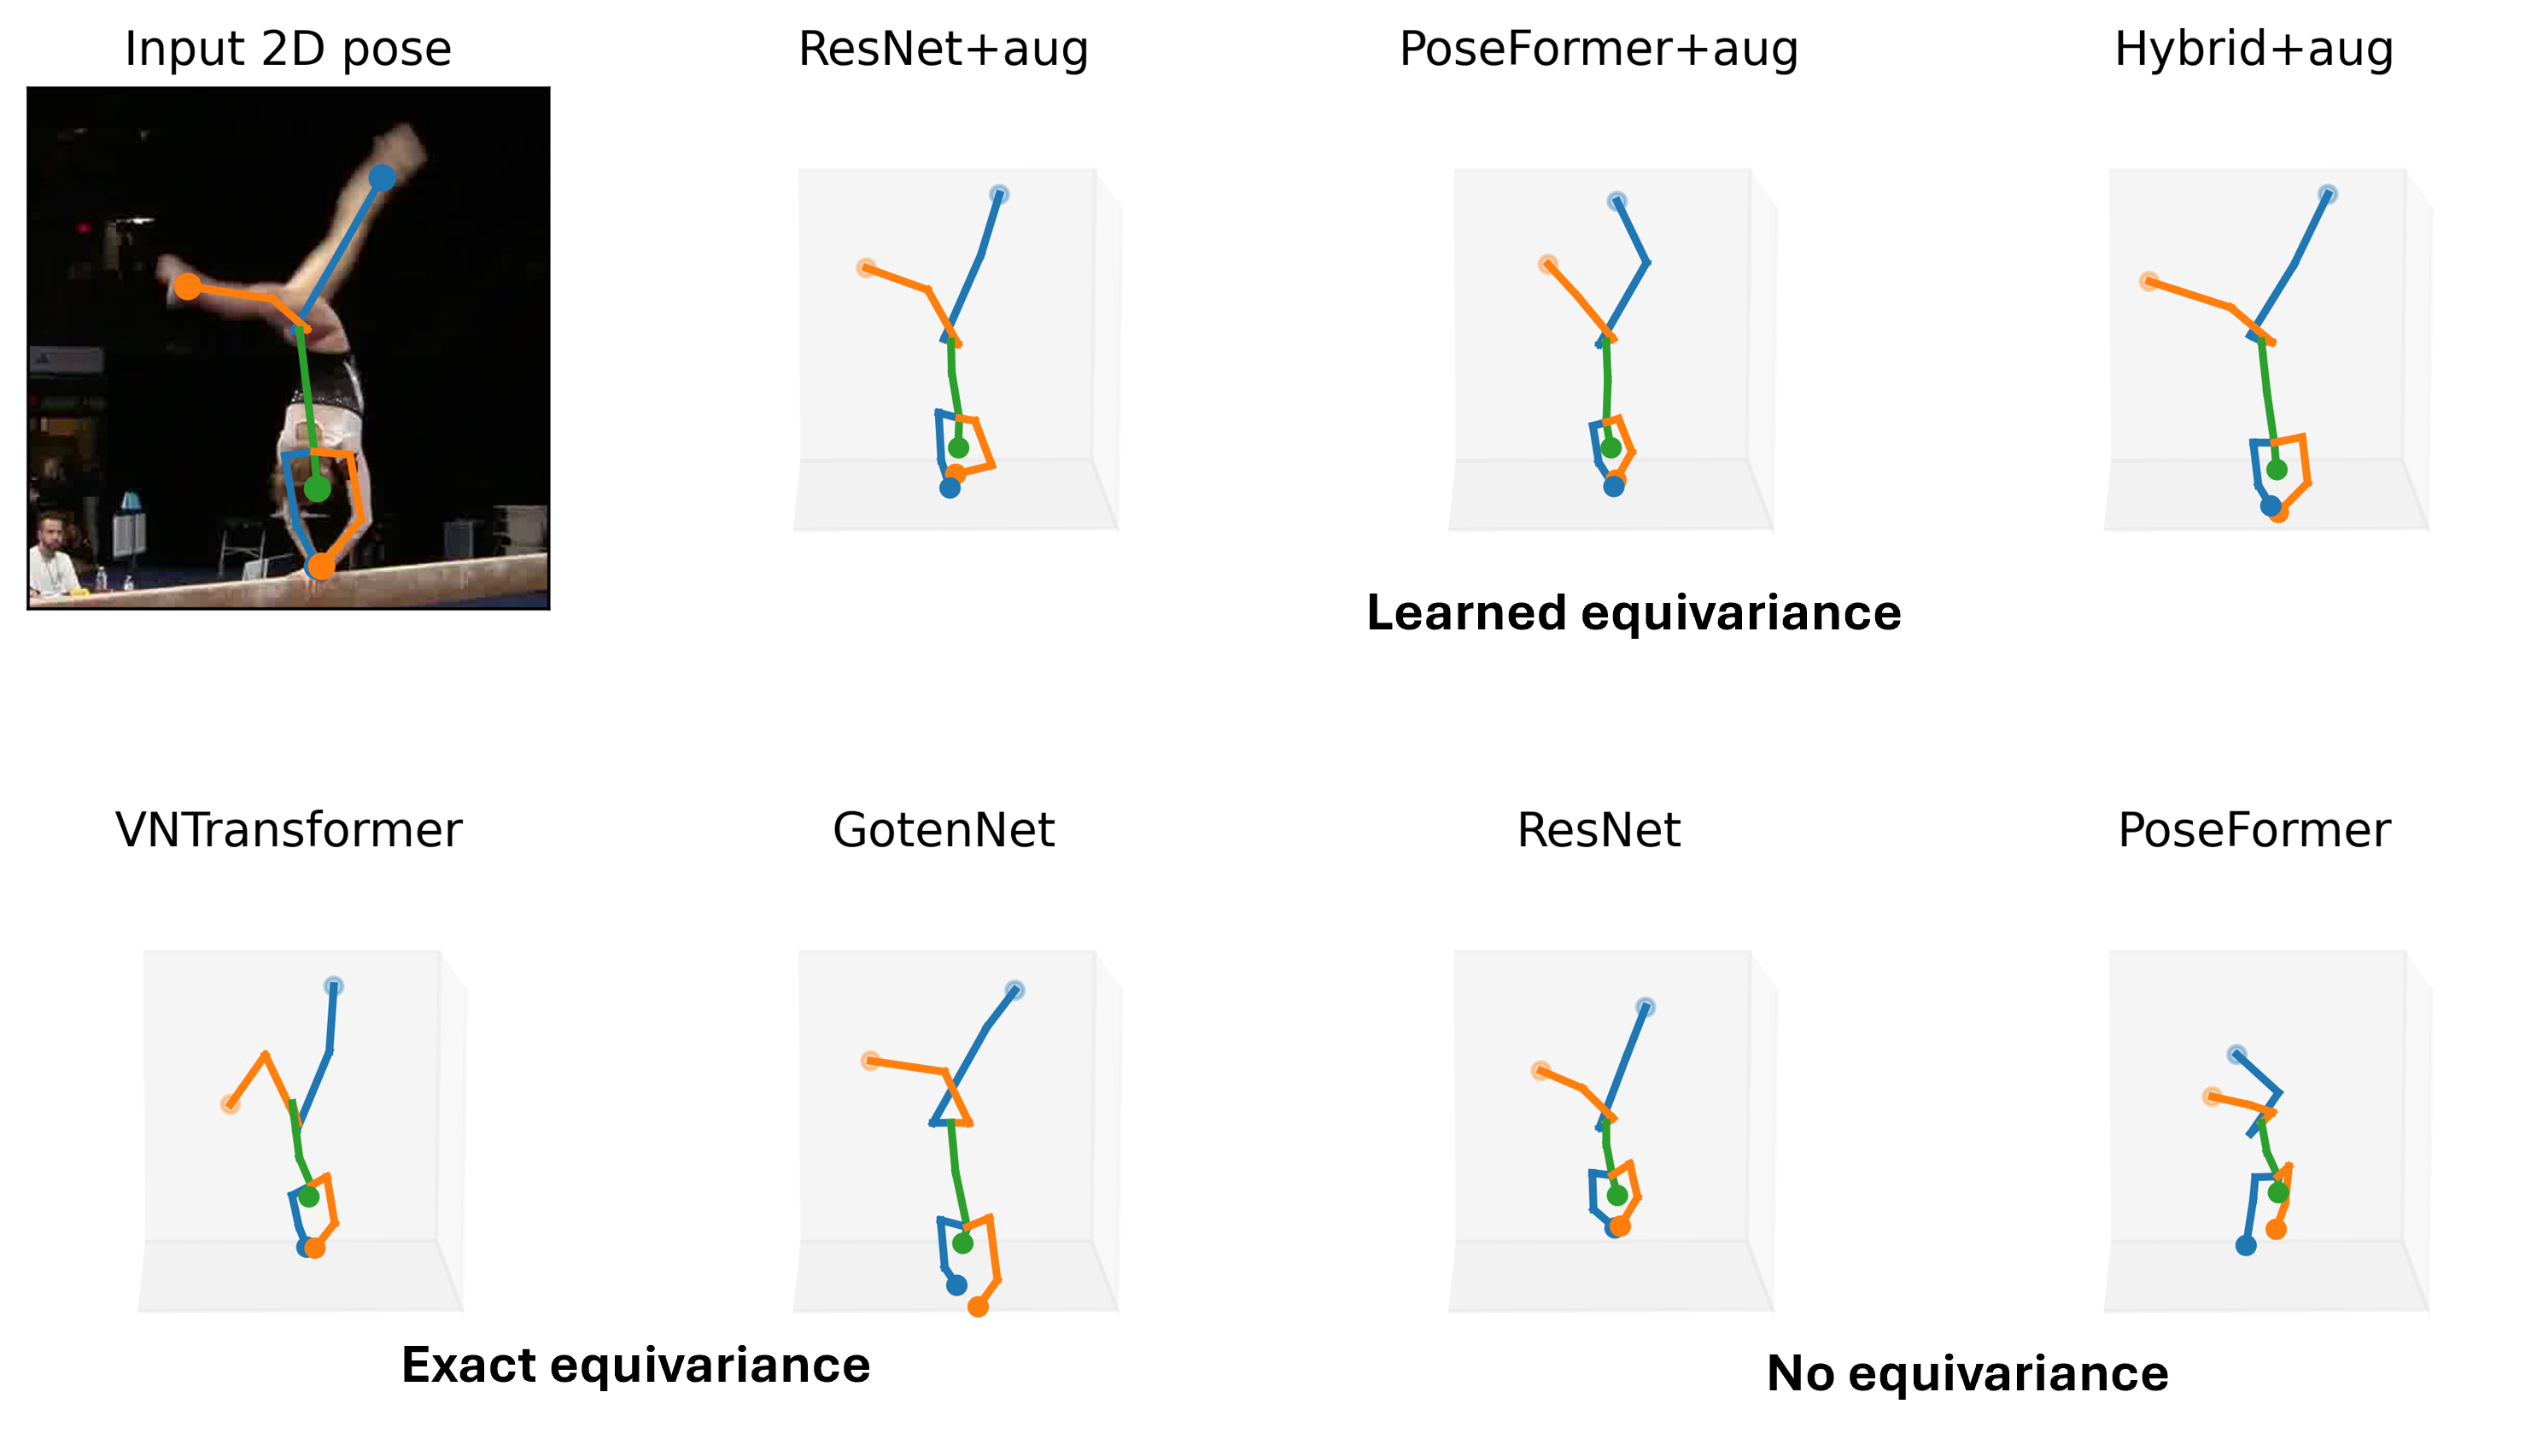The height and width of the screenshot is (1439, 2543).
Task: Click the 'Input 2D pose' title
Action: click(x=289, y=50)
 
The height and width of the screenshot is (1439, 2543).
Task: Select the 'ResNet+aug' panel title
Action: click(x=944, y=50)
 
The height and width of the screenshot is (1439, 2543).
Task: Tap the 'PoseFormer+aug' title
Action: click(x=1599, y=50)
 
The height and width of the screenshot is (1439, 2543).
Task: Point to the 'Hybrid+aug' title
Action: click(x=2254, y=50)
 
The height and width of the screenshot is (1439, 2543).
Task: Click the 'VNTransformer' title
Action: click(x=289, y=830)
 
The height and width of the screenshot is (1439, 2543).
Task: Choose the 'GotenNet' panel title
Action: click(x=944, y=830)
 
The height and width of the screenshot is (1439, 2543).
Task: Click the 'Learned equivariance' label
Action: click(x=1634, y=613)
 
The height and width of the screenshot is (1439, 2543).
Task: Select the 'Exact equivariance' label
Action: click(x=636, y=1365)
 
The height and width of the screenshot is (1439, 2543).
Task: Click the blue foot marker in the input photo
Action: click(x=383, y=178)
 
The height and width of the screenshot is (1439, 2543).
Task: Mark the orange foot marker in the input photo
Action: click(x=188, y=287)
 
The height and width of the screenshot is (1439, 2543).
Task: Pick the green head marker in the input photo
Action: click(x=317, y=488)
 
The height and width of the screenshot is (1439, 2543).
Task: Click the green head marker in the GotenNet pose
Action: click(x=962, y=1243)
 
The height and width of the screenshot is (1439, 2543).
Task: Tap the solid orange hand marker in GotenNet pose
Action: click(x=978, y=1307)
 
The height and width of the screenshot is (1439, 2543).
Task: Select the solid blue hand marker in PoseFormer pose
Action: click(x=2246, y=1245)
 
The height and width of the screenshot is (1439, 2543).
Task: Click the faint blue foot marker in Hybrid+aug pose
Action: click(x=2328, y=194)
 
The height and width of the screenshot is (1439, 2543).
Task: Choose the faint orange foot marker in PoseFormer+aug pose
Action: click(x=1548, y=264)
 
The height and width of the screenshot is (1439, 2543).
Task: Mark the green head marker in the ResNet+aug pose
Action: click(x=958, y=447)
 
